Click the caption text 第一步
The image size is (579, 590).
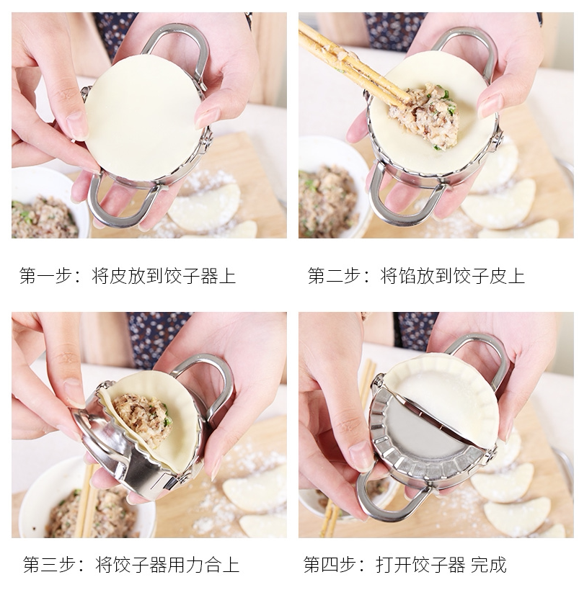pos(45,276)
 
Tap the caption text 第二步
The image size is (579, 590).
pos(334,276)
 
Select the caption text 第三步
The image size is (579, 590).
pos(49,565)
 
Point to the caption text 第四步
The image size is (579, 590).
pos(330,565)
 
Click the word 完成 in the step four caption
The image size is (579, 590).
pos(489,565)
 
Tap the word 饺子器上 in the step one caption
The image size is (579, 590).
pos(200,276)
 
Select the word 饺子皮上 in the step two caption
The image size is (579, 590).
pos(489,276)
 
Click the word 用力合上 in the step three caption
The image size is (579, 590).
pos(204,565)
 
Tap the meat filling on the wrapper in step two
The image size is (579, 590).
pos(431,115)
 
